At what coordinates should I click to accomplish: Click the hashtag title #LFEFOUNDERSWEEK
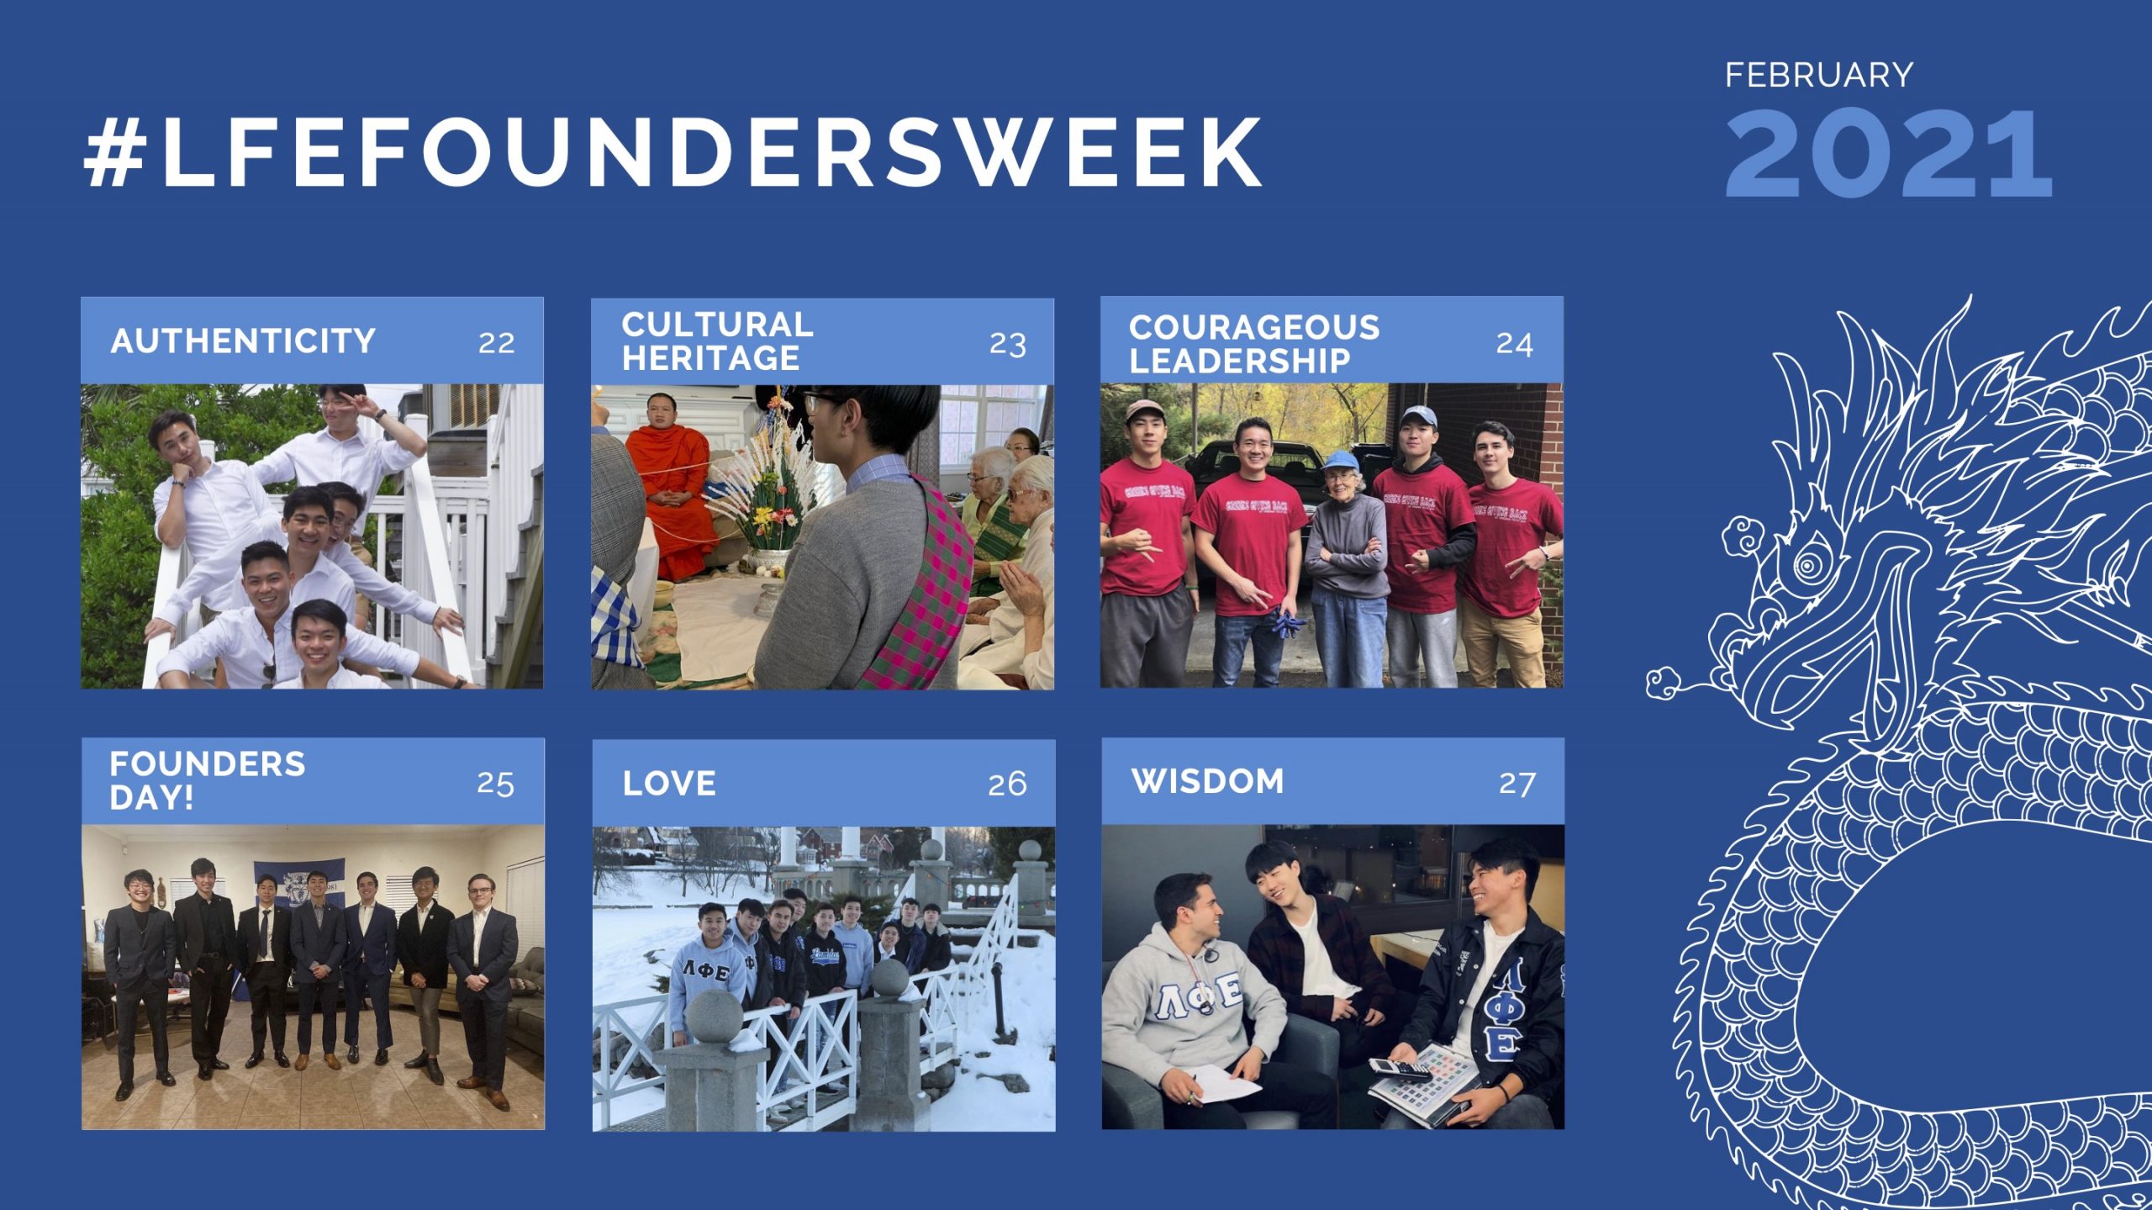pyautogui.click(x=672, y=152)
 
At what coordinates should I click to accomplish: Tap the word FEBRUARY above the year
pyautogui.click(x=1818, y=76)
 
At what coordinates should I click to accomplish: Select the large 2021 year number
pyautogui.click(x=1888, y=155)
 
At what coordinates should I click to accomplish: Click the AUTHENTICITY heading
pyautogui.click(x=243, y=341)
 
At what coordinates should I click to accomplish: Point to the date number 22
pyautogui.click(x=496, y=343)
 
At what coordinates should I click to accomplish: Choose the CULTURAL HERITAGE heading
pyautogui.click(x=716, y=341)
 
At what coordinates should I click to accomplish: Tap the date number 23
pyautogui.click(x=1007, y=344)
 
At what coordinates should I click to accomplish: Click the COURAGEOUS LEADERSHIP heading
pyautogui.click(x=1253, y=343)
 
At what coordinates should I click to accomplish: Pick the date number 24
pyautogui.click(x=1514, y=344)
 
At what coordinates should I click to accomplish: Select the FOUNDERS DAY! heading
pyautogui.click(x=207, y=780)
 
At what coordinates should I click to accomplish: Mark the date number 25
pyautogui.click(x=495, y=784)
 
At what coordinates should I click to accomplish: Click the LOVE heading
pyautogui.click(x=669, y=784)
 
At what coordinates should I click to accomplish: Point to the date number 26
pyautogui.click(x=1007, y=785)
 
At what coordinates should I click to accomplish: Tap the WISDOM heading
pyautogui.click(x=1207, y=781)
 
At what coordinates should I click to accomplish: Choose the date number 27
pyautogui.click(x=1517, y=784)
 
